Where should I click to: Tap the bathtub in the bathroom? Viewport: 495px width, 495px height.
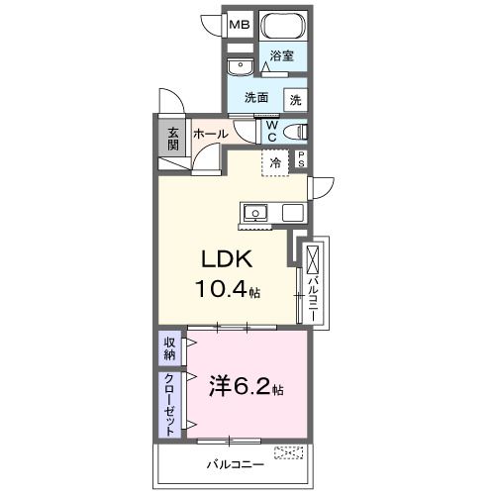[x=283, y=26]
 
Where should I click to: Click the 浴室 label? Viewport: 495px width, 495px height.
[x=282, y=57]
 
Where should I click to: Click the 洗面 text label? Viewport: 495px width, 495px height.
[x=257, y=98]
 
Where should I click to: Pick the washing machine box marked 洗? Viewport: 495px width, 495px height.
[x=295, y=99]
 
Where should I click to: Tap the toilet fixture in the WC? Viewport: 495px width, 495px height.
[x=293, y=131]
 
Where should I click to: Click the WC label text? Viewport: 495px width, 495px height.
[x=270, y=131]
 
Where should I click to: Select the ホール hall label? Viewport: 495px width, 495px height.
[x=210, y=133]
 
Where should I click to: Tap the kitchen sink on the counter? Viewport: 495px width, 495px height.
[x=255, y=212]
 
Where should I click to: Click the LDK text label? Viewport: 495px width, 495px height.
[x=229, y=259]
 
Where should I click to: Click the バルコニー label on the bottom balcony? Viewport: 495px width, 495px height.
[x=235, y=462]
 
